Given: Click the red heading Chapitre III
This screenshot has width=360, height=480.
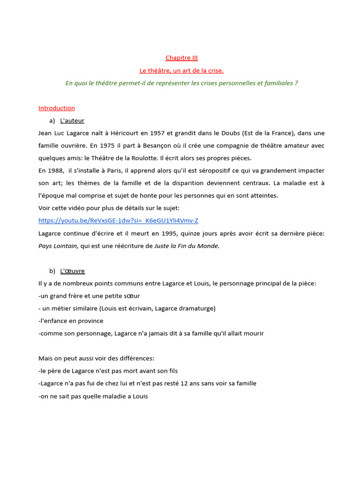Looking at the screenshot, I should point(181,58).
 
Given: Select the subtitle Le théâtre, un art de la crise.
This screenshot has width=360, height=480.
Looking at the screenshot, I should point(181,71).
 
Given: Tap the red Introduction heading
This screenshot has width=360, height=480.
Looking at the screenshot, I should point(57,108).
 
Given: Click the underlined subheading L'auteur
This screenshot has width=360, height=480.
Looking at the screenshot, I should point(72,121).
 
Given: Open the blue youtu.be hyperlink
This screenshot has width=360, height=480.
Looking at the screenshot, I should point(118,220).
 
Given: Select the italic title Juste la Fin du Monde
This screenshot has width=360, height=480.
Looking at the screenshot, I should point(187,246).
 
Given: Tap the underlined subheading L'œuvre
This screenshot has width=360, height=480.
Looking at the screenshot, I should point(72,271).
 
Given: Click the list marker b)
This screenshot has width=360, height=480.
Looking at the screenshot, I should point(52,271).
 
